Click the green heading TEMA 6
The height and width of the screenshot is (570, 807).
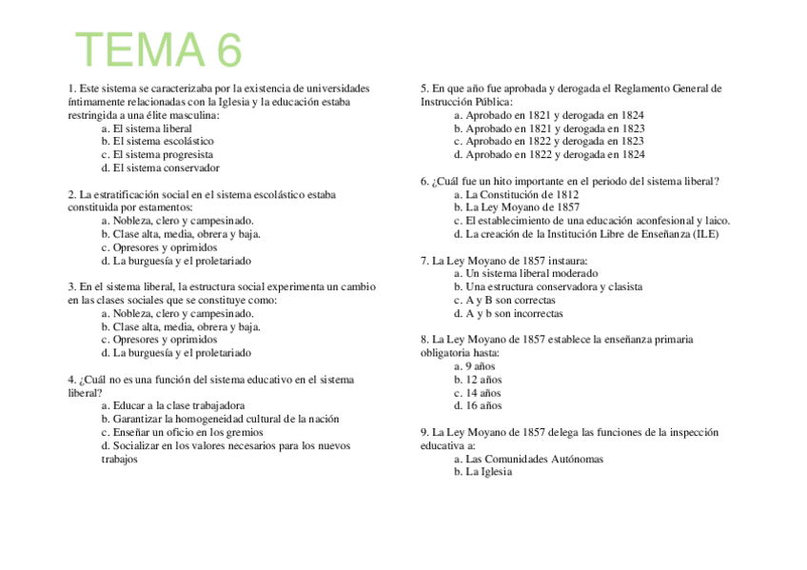pyautogui.click(x=159, y=50)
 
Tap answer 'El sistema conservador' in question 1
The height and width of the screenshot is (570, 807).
pyautogui.click(x=166, y=167)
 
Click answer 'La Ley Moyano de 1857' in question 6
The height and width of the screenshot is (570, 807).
pyautogui.click(x=522, y=207)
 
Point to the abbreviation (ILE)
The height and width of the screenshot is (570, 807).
pyautogui.click(x=704, y=234)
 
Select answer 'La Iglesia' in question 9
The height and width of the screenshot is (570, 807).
pyautogui.click(x=488, y=472)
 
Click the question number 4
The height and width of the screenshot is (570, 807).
pyautogui.click(x=71, y=380)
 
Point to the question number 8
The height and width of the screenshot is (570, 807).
pyautogui.click(x=424, y=340)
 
